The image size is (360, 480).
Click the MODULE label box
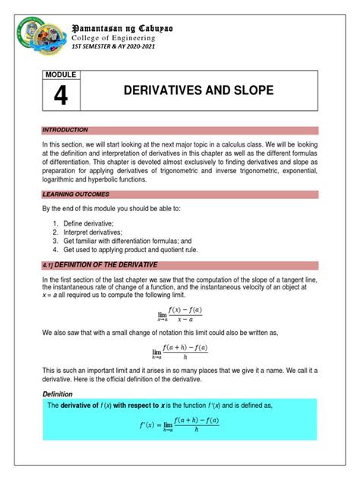[x=62, y=75]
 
